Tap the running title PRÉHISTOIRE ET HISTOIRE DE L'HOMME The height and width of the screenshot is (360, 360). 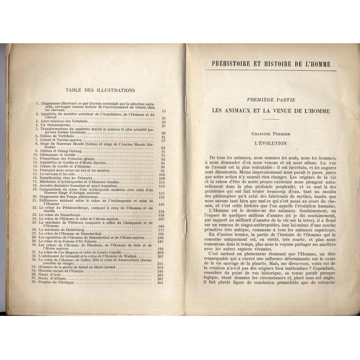coord(271,64)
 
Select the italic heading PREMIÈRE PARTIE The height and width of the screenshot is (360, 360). coord(270,100)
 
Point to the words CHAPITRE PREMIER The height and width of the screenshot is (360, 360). coord(270,134)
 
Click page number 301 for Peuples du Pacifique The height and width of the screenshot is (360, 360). coord(162,270)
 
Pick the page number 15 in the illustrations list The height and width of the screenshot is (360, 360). coord(164,110)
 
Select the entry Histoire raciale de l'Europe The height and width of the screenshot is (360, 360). coord(63,259)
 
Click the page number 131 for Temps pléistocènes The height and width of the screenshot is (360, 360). coord(162,196)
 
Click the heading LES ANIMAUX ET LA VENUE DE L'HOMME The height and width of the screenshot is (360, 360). coord(270,110)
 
